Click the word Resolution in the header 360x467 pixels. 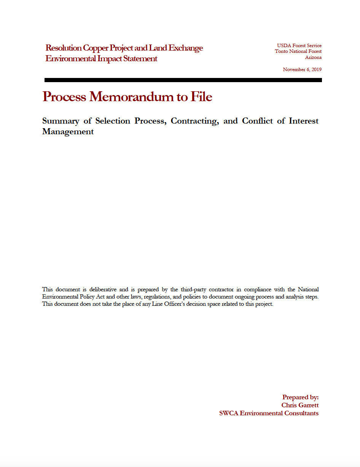[x=64, y=48]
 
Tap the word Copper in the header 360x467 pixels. [x=93, y=48]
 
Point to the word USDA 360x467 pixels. [x=284, y=46]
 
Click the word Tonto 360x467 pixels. [x=282, y=51]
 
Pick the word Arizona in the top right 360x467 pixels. [x=313, y=57]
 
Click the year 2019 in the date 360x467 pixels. [x=315, y=70]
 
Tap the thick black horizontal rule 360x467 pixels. [x=183, y=80]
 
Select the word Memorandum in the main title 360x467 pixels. [x=131, y=97]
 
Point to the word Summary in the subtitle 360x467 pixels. [x=61, y=121]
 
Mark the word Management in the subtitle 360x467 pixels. [x=68, y=132]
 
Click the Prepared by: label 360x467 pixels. [x=300, y=397]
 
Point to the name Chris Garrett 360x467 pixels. [x=300, y=405]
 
